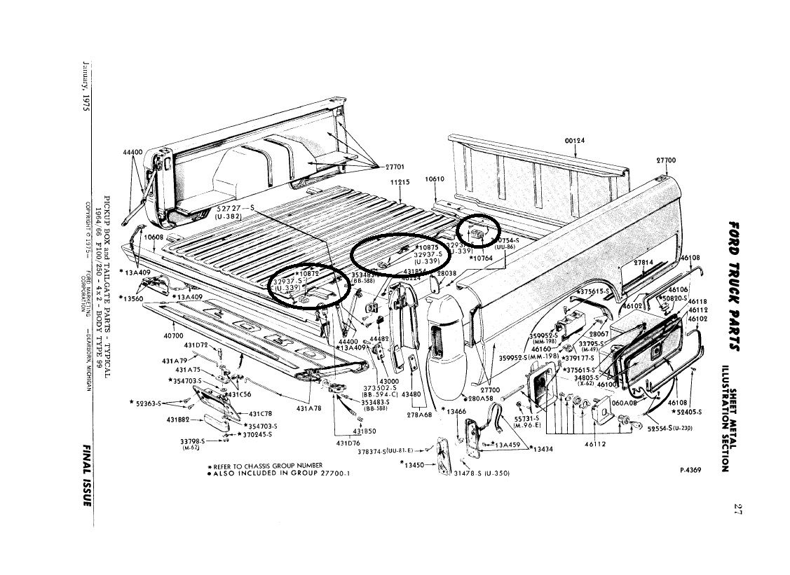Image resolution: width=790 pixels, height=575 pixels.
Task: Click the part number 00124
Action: point(575,140)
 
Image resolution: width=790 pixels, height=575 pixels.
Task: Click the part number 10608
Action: point(154,237)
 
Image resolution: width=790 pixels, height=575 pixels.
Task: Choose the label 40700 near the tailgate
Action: point(173,335)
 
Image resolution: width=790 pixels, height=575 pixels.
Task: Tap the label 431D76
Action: point(348,442)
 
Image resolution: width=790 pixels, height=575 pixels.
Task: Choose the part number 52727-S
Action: point(236,209)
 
